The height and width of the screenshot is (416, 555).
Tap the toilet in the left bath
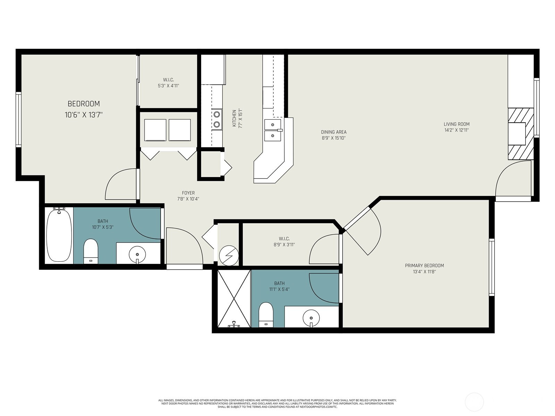[91, 251]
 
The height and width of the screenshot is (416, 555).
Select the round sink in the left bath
[137, 254]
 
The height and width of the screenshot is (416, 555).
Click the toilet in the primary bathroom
[266, 314]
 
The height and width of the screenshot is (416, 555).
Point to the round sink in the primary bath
[311, 318]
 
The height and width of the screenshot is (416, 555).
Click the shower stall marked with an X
[234, 299]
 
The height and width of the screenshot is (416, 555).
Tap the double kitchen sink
[273, 130]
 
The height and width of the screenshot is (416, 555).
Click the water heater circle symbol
[229, 256]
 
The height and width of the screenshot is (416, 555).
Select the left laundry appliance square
[155, 130]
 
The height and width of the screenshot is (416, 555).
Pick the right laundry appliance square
[180, 130]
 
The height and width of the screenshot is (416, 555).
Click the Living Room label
[456, 124]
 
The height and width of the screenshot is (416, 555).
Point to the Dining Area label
[334, 132]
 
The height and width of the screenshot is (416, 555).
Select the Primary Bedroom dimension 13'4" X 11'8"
[424, 272]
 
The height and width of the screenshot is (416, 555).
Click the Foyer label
[188, 193]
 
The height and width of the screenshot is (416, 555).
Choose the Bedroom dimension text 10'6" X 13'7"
[84, 115]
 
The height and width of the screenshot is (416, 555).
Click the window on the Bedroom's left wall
[18, 120]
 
